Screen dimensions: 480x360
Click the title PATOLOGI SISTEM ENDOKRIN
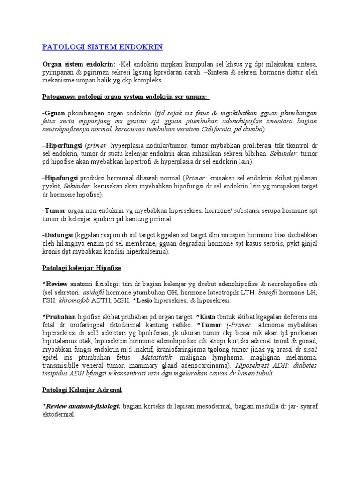(102, 47)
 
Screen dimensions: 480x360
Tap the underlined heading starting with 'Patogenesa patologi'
(126, 97)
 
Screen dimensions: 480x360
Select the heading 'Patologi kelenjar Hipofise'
(82, 268)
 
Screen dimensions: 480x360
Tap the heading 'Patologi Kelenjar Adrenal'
(82, 390)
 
